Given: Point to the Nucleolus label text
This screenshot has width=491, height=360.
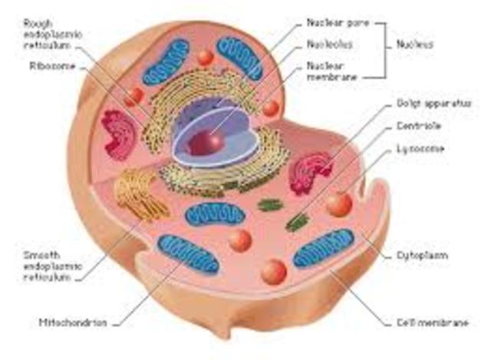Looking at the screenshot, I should click(x=330, y=45).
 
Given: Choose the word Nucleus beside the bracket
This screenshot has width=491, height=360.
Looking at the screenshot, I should click(x=417, y=45).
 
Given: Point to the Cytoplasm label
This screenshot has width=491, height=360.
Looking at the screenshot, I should click(x=422, y=254).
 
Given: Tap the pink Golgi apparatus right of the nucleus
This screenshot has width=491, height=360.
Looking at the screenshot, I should click(x=311, y=173).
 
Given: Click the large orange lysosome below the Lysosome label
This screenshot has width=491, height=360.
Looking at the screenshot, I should click(x=338, y=204).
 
